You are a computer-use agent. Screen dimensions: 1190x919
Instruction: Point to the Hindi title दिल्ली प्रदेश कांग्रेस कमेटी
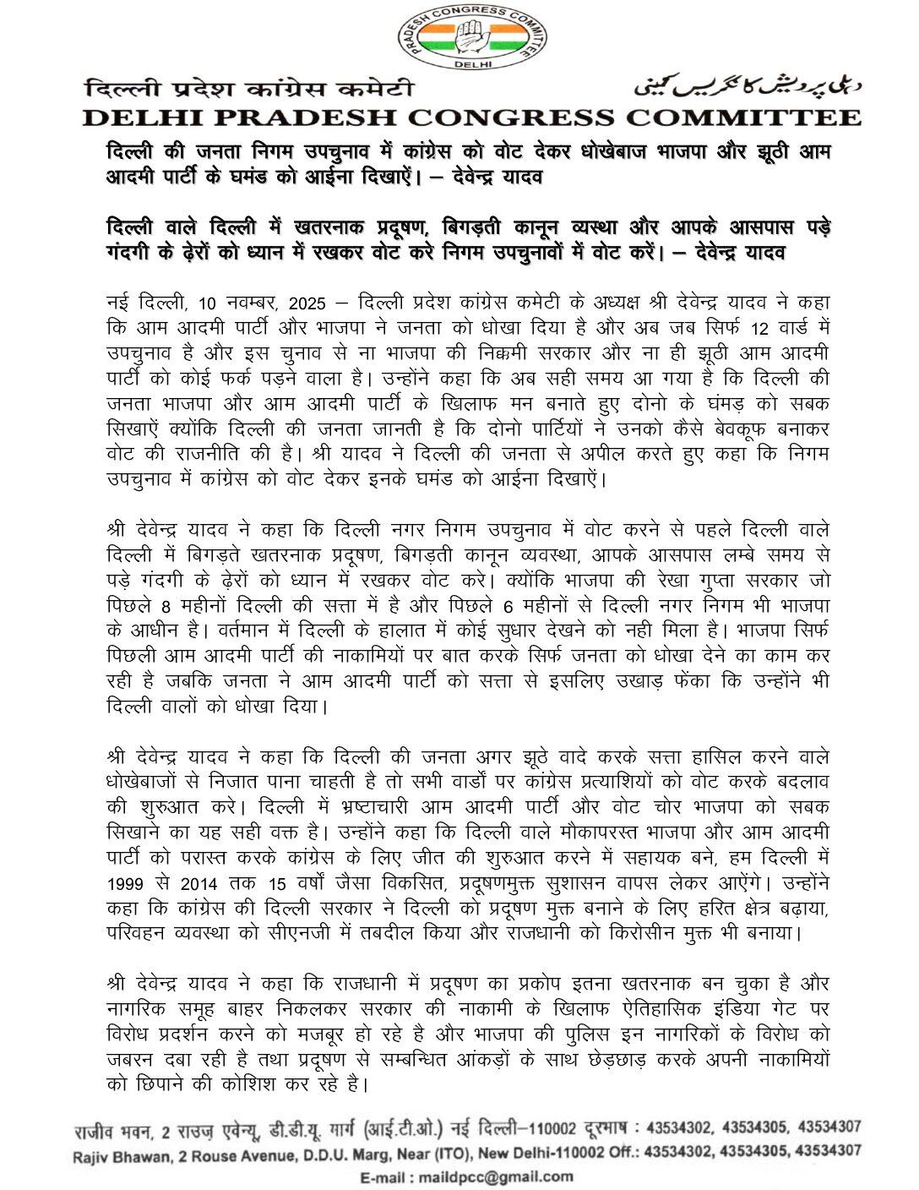point(249,88)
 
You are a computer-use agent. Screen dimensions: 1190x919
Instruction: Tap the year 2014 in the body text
point(198,885)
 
